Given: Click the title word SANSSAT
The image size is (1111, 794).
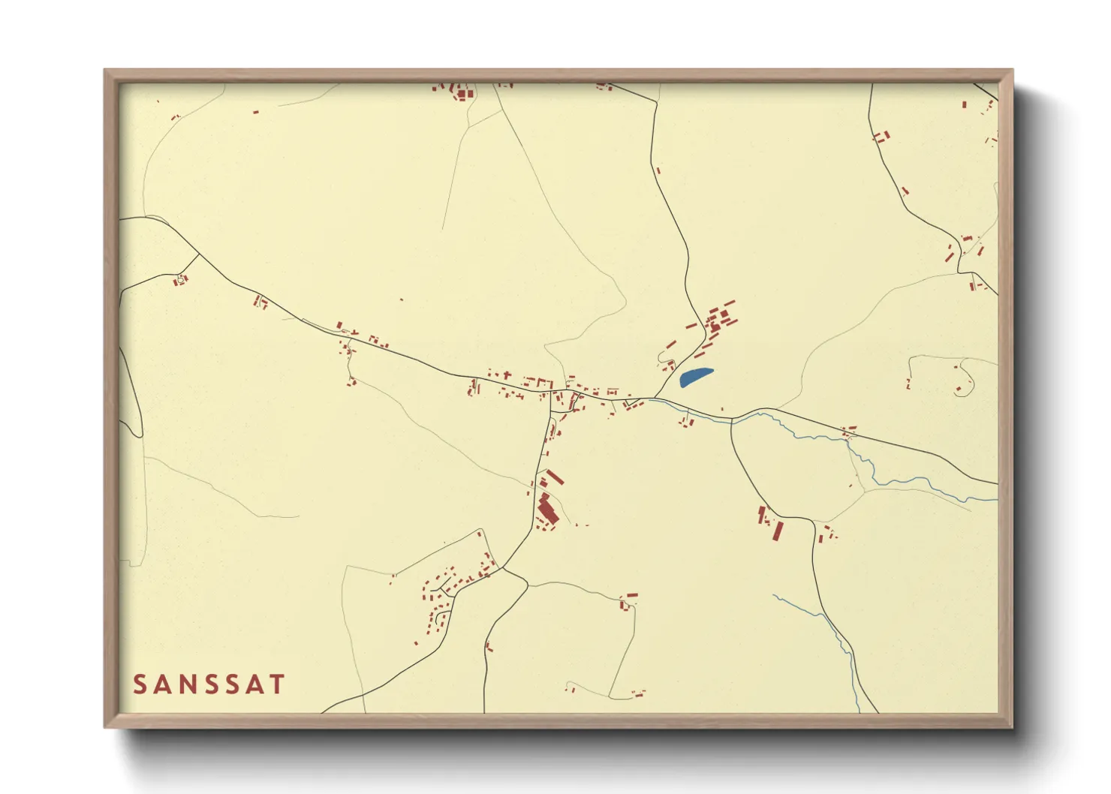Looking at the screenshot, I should [x=209, y=684].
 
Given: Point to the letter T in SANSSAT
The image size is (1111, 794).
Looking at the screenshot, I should [x=278, y=684].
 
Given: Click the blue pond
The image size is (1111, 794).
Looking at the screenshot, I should [x=695, y=377].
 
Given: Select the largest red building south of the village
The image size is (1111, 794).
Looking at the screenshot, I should [x=547, y=510].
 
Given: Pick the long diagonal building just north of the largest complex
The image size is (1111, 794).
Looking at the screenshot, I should [x=554, y=477].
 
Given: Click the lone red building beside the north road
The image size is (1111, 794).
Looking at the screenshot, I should [x=658, y=170].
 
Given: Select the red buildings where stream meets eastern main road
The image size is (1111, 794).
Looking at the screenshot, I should [x=849, y=432].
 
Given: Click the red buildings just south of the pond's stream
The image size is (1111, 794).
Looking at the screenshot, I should [x=687, y=422].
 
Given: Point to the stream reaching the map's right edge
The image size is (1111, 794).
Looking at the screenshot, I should [x=976, y=498].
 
